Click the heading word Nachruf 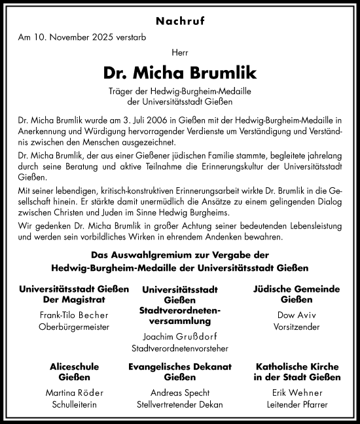(x=179, y=21)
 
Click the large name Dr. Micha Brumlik (x=179, y=71)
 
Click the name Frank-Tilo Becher (x=73, y=314)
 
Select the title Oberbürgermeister (x=73, y=325)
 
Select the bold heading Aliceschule (x=73, y=367)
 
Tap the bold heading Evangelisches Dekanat (x=179, y=367)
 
